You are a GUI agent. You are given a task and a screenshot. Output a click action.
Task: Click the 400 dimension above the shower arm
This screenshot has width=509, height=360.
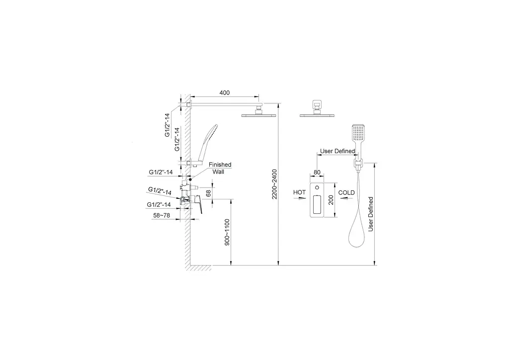[224, 93]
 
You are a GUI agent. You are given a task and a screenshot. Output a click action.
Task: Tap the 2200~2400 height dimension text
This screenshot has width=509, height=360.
[274, 184]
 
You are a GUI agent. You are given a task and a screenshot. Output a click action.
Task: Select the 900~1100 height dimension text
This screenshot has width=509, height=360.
[227, 232]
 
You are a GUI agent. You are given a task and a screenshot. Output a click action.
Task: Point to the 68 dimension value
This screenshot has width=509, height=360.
[208, 193]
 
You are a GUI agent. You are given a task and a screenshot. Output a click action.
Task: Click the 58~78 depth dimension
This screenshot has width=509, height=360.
[162, 215]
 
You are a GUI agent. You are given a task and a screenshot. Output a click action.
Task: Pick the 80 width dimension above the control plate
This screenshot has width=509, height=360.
[317, 173]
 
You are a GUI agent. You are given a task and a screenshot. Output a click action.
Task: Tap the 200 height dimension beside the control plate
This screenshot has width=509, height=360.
[331, 200]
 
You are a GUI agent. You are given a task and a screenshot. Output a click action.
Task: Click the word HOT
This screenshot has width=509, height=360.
[299, 192]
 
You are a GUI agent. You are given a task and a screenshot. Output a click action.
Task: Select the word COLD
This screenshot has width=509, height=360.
[346, 193]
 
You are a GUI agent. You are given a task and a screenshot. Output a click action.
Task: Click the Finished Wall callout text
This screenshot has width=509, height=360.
[220, 168]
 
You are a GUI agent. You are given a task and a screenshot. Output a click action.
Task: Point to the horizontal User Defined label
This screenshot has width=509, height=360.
[338, 151]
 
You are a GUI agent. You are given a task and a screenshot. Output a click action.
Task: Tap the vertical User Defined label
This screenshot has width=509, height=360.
[371, 214]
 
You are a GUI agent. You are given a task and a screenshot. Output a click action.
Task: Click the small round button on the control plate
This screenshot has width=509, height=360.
[317, 187]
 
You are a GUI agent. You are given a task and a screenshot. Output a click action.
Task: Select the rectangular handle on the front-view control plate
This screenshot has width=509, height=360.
[317, 204]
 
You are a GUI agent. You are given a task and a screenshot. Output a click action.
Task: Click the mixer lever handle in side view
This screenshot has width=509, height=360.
[199, 204]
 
